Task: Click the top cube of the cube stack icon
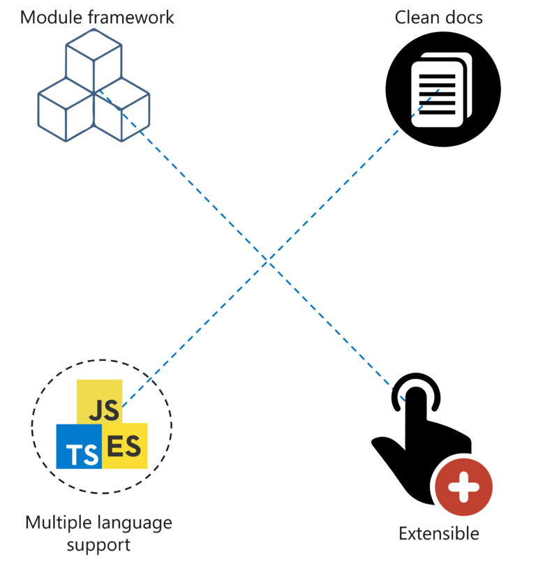(94, 57)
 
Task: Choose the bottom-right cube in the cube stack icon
(123, 110)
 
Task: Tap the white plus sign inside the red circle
(463, 486)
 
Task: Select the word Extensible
(439, 534)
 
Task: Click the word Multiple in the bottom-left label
(54, 522)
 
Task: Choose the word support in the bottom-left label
(98, 544)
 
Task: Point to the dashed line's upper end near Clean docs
(439, 89)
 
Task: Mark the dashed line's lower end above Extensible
(404, 401)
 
